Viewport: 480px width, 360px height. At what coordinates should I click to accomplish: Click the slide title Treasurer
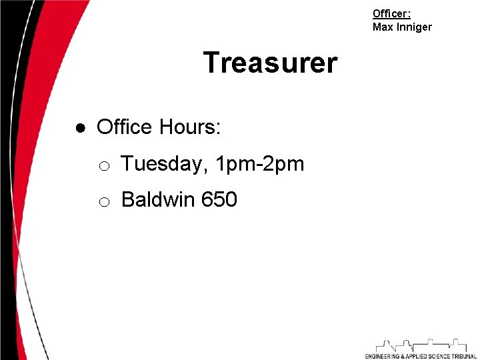click(270, 63)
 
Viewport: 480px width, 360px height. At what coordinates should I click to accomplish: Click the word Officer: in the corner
click(391, 13)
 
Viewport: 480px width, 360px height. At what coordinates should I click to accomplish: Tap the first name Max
click(383, 27)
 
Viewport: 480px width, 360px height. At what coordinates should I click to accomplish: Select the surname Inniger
click(414, 27)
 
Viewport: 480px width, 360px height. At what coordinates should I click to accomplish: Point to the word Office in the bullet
click(124, 127)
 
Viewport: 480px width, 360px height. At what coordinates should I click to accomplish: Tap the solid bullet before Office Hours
click(81, 127)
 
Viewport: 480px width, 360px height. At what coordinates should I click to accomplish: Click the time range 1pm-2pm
click(260, 164)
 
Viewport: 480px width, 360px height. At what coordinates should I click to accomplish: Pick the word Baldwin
click(159, 199)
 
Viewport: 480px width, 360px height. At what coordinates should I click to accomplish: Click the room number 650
click(219, 199)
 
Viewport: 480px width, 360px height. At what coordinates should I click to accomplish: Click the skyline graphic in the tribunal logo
click(420, 345)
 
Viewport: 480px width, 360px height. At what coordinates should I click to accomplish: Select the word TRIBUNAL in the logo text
click(462, 356)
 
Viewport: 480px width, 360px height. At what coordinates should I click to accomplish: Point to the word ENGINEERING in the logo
click(382, 356)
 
